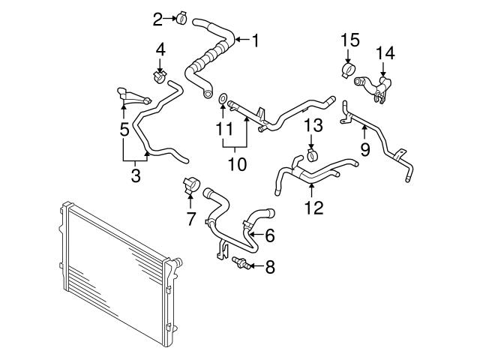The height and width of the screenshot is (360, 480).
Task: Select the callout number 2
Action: pos(157,18)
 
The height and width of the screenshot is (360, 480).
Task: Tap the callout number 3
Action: pos(136,176)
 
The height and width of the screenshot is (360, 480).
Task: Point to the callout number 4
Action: pos(160,50)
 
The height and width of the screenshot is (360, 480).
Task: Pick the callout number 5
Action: pos(124,130)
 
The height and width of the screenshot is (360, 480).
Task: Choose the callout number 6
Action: pos(269,235)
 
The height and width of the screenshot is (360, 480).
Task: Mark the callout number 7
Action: pos(190,219)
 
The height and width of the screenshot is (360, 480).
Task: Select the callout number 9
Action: pos(364,149)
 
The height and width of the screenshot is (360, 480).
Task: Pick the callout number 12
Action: pos(314,207)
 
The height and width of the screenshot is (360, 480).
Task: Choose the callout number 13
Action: pos(313,126)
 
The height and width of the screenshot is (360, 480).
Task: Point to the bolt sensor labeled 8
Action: pos(241,263)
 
